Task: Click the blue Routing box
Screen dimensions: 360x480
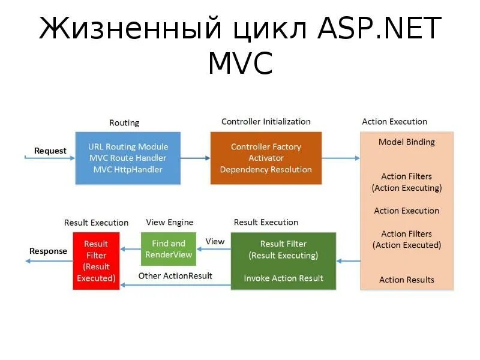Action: (x=128, y=158)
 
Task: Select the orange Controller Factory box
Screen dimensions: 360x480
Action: (x=266, y=158)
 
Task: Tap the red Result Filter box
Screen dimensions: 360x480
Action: (x=96, y=261)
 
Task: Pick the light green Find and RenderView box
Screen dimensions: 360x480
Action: (x=169, y=249)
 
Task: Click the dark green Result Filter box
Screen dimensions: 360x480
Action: (x=283, y=261)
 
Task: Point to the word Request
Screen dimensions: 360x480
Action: (x=50, y=151)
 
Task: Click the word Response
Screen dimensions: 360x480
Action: (x=49, y=251)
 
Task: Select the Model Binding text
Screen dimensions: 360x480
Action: (x=407, y=142)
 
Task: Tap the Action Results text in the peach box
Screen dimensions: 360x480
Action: (x=407, y=280)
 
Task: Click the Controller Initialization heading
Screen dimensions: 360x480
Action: (x=266, y=122)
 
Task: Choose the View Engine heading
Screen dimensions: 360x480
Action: (x=170, y=223)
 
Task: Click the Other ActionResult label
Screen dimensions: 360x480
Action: (x=175, y=276)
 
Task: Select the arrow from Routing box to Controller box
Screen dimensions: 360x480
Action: (x=195, y=158)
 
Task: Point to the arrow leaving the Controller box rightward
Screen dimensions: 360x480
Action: (x=340, y=158)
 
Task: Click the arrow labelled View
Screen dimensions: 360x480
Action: (x=214, y=248)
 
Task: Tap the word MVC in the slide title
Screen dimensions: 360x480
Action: (x=240, y=64)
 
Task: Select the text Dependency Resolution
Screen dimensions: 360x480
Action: (x=266, y=169)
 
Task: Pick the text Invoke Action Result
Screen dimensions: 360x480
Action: (x=283, y=278)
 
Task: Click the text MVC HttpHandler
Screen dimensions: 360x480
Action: (x=128, y=169)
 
